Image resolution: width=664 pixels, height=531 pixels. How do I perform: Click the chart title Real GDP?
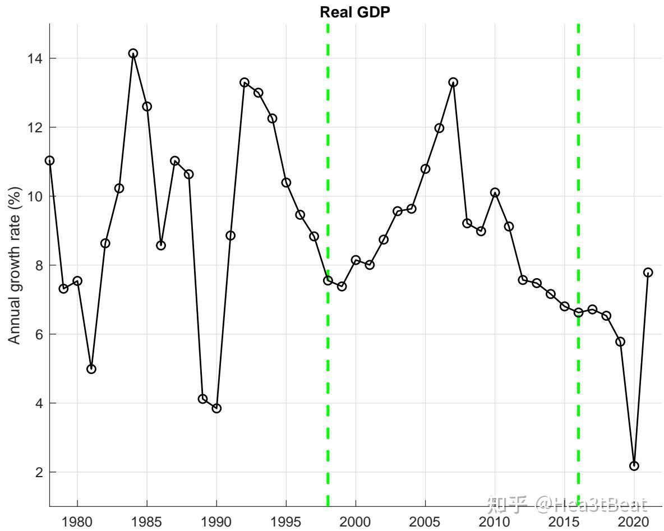coord(354,12)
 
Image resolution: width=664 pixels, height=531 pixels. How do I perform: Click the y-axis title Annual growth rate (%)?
coord(15,265)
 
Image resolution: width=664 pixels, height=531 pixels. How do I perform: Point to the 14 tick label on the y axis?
coord(35,58)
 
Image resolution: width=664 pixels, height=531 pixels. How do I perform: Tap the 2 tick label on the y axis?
coord(39,472)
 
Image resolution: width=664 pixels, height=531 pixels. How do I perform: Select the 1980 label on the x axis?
coord(77,521)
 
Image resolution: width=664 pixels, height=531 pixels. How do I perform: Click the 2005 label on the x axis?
coord(425,521)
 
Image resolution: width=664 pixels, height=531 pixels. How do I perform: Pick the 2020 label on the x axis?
coord(634,521)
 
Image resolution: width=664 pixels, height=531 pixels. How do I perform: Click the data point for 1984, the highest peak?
coord(133,53)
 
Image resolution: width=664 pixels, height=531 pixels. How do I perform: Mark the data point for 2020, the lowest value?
coord(634,466)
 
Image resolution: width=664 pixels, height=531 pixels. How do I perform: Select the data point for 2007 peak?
coord(453,82)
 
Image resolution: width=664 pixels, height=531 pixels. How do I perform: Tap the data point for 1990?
coord(216,408)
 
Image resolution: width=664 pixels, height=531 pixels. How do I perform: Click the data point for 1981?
coord(91,369)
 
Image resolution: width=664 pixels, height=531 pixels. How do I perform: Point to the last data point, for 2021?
coord(648,273)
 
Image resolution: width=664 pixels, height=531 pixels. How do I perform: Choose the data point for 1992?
coord(245,82)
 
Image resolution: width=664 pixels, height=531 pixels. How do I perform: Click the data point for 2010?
coord(495,193)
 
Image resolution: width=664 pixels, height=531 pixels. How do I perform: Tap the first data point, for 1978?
coord(49,160)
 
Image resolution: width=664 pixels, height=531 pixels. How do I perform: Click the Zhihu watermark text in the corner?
coord(568,504)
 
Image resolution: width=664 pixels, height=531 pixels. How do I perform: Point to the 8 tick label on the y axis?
coord(39,266)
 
